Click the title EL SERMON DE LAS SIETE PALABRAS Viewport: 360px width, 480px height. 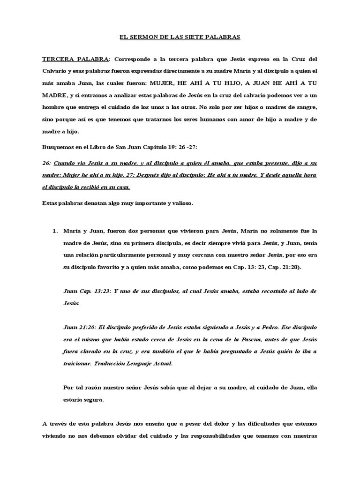point(180,36)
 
